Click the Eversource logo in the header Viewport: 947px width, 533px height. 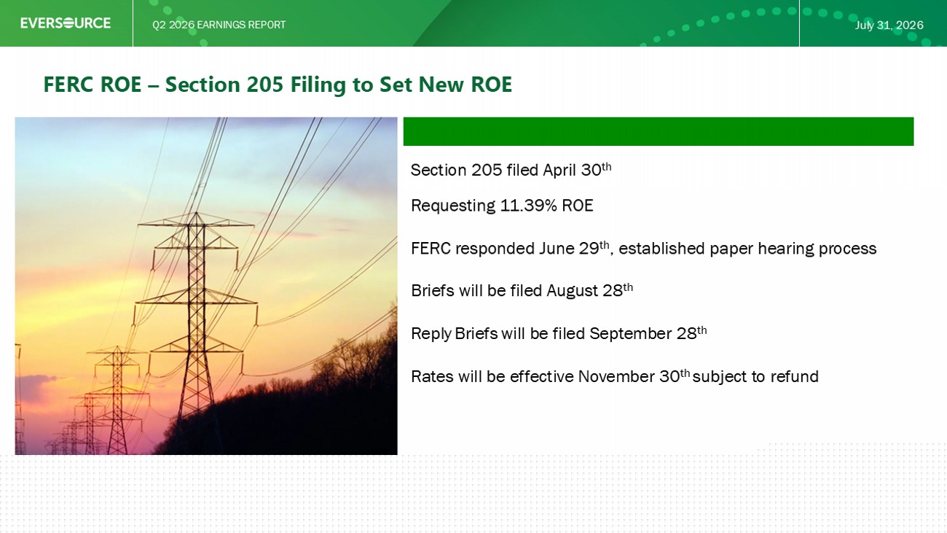click(66, 23)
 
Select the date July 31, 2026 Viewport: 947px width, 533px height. click(889, 25)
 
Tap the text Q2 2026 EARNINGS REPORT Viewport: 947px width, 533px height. click(219, 25)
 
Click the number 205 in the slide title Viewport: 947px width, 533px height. click(264, 84)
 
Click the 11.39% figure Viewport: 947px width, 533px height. click(528, 206)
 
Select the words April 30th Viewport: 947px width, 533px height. click(577, 169)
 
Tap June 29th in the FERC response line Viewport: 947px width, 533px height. click(574, 248)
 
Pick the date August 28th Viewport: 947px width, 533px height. click(590, 290)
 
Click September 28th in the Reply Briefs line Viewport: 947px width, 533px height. click(648, 333)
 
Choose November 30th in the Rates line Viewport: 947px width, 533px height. click(634, 376)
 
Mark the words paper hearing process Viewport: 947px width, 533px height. click(793, 249)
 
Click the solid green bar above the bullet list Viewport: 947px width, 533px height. click(659, 131)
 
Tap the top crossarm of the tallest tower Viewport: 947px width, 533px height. click(196, 222)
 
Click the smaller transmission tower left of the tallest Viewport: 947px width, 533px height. click(117, 400)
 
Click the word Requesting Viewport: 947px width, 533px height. click(453, 206)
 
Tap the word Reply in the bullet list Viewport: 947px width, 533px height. click(431, 334)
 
